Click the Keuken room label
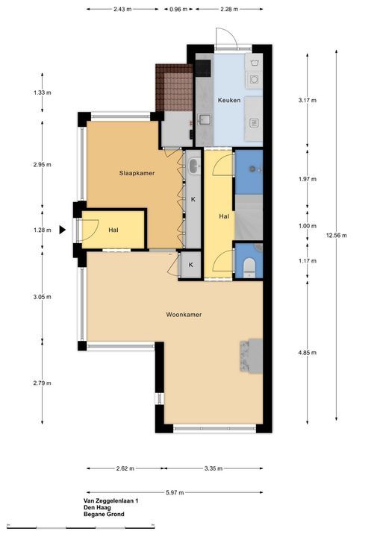(229, 101)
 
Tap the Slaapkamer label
(137, 173)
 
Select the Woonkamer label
(184, 315)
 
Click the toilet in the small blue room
(249, 267)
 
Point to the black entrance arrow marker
(62, 230)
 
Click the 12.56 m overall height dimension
(336, 235)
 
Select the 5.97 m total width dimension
(175, 492)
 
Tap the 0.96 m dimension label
(178, 9)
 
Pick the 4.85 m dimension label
(308, 352)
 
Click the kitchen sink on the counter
(205, 119)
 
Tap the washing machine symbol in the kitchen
(254, 63)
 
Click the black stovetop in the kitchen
(203, 67)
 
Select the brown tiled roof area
(174, 87)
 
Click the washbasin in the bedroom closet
(194, 166)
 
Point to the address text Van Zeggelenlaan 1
(110, 500)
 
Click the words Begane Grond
(104, 514)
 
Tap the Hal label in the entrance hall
(113, 230)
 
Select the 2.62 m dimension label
(125, 468)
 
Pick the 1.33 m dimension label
(43, 92)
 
